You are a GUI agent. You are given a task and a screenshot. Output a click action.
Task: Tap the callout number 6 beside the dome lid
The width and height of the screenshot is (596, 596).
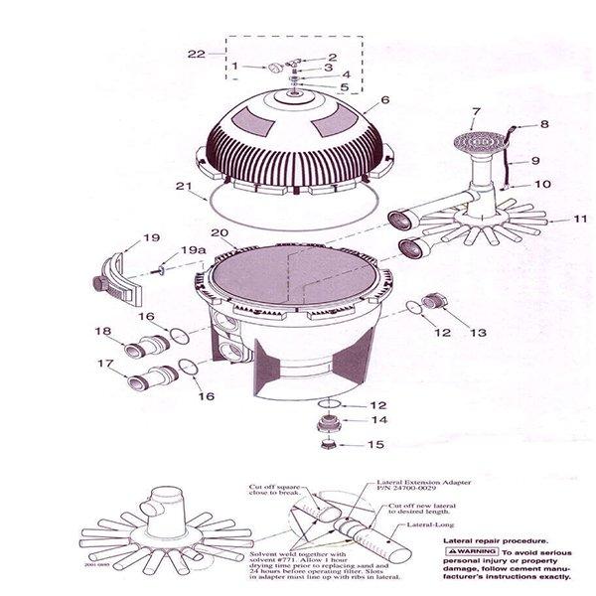(383, 100)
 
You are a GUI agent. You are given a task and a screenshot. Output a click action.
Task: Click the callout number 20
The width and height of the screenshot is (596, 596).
(221, 234)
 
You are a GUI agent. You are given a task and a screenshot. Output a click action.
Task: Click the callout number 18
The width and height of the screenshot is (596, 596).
(101, 331)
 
